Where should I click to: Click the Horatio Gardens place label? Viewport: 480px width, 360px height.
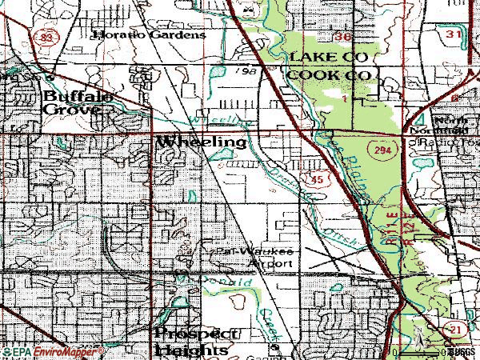[149, 34]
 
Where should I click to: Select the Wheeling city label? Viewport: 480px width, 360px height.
[202, 142]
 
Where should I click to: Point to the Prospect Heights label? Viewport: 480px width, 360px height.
[195, 341]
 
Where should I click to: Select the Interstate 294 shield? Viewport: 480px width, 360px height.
[379, 150]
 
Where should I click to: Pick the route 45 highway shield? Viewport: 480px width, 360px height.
[318, 181]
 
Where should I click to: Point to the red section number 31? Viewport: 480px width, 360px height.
[454, 34]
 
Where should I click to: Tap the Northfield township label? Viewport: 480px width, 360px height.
[436, 130]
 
